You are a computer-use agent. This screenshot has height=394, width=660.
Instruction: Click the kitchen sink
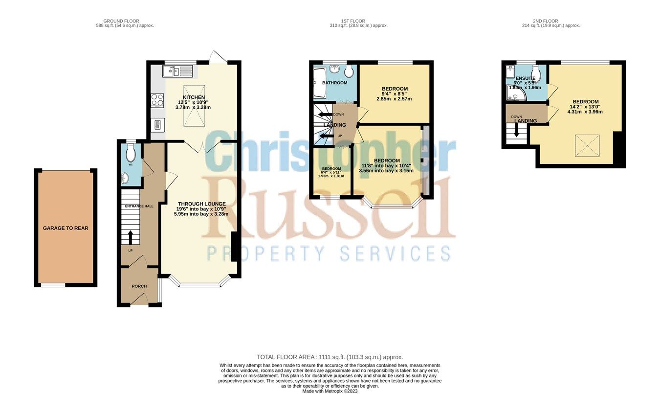click(179, 72)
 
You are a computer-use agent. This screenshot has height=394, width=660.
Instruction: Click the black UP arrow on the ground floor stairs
click(130, 237)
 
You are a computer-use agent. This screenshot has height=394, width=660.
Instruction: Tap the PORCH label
click(139, 286)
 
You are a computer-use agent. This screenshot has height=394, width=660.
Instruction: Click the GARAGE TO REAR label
click(66, 228)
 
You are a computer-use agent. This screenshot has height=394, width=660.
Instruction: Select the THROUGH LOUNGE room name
click(201, 204)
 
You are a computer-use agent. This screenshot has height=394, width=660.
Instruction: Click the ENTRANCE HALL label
click(139, 206)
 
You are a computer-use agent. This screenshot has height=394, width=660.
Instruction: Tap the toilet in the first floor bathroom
click(349, 71)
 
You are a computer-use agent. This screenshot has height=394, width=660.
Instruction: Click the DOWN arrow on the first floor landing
click(325, 115)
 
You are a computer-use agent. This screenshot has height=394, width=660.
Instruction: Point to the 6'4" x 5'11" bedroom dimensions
click(331, 173)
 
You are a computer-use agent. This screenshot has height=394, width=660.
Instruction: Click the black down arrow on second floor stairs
click(516, 131)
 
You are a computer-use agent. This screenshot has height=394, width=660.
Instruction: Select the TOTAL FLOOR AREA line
click(330, 357)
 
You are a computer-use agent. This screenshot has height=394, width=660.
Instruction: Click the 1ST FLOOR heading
click(358, 22)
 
